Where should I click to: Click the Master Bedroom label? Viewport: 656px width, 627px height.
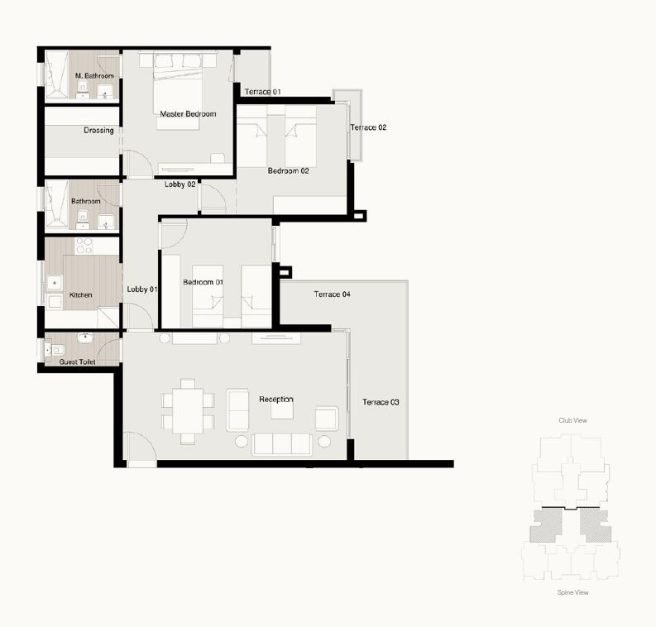coord(188,114)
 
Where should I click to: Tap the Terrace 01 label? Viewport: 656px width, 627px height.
coord(262,92)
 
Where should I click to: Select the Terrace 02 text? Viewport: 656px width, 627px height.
coord(368,127)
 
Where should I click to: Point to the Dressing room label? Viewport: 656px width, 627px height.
coord(98,131)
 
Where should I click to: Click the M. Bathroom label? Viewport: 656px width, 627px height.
coord(94,76)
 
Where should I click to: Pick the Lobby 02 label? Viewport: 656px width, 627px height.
coord(180,184)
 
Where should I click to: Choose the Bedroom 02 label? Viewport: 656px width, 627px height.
coord(288,170)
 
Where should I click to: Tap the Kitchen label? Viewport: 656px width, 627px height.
coord(80,294)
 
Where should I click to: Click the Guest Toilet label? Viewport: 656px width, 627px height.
coord(78,361)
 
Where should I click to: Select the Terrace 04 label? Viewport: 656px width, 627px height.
coord(333,294)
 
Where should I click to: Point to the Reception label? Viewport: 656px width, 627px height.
coord(276,399)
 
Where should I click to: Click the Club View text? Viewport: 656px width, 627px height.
coord(572,420)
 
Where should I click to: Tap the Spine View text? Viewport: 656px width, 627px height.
coord(572,592)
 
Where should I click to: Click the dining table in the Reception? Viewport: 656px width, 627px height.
coord(188,411)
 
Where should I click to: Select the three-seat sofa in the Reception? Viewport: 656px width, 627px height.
coord(282,444)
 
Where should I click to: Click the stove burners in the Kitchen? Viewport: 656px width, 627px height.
coord(84,246)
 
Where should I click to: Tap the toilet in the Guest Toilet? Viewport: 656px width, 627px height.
coord(55,350)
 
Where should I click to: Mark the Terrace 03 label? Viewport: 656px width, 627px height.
coord(381,402)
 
